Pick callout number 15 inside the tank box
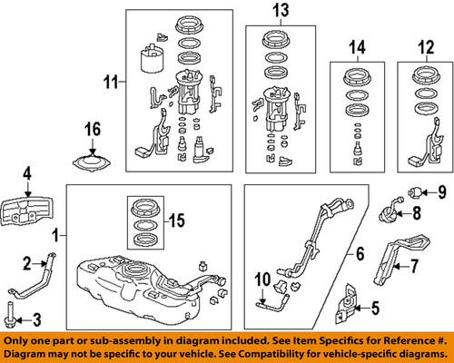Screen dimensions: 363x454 179,221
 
